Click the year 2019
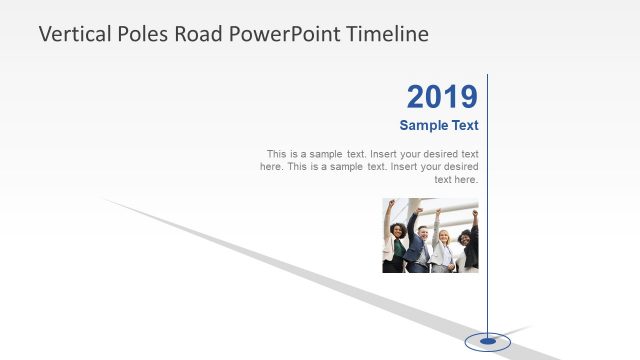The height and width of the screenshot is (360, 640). tap(442, 97)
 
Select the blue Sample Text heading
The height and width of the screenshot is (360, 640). tap(439, 126)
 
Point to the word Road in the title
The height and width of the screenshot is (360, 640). tap(199, 34)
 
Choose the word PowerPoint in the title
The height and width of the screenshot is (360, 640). tap(286, 34)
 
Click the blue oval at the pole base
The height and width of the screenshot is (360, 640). tap(488, 342)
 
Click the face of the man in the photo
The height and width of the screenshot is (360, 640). tap(423, 233)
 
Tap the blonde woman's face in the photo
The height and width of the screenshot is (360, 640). tap(443, 236)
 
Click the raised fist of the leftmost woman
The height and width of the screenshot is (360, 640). tap(392, 203)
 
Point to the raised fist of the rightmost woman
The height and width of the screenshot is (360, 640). tap(475, 213)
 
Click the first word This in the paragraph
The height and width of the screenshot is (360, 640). tap(277, 154)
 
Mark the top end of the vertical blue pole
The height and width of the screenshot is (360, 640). tap(488, 75)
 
